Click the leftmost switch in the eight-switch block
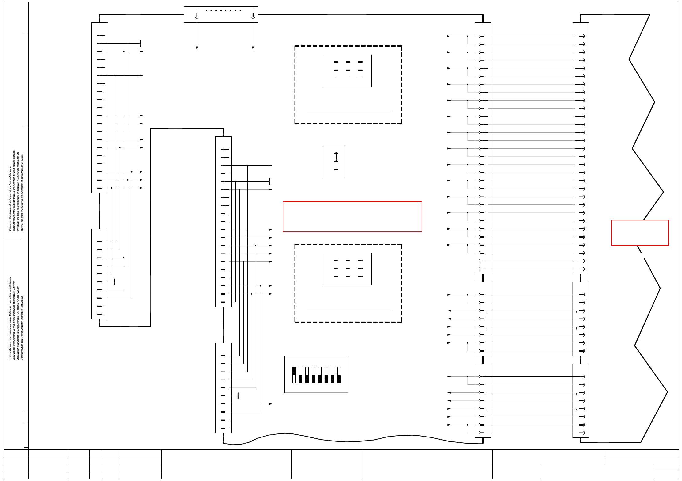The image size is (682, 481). pos(294,375)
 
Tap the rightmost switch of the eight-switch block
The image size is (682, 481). pos(339,375)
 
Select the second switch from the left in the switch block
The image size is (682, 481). pos(300,375)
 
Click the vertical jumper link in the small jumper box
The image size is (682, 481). pos(336,157)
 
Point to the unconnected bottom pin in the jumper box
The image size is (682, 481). pos(336,170)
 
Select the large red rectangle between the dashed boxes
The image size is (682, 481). pos(352,216)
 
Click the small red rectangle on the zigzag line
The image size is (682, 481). pos(639,232)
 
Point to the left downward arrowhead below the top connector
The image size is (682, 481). pos(197,48)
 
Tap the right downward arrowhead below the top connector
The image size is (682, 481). pos(253,48)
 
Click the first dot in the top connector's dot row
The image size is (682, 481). pos(206,10)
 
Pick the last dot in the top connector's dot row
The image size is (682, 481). pos(240,10)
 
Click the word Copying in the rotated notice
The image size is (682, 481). pos(10,226)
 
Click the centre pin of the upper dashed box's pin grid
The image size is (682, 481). pos(348,70)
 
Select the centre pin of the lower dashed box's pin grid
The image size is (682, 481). pos(348,268)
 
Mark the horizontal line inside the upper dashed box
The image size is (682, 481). pos(348,112)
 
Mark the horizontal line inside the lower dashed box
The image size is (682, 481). pos(348,310)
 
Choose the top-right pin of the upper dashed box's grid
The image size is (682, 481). pos(360,62)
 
